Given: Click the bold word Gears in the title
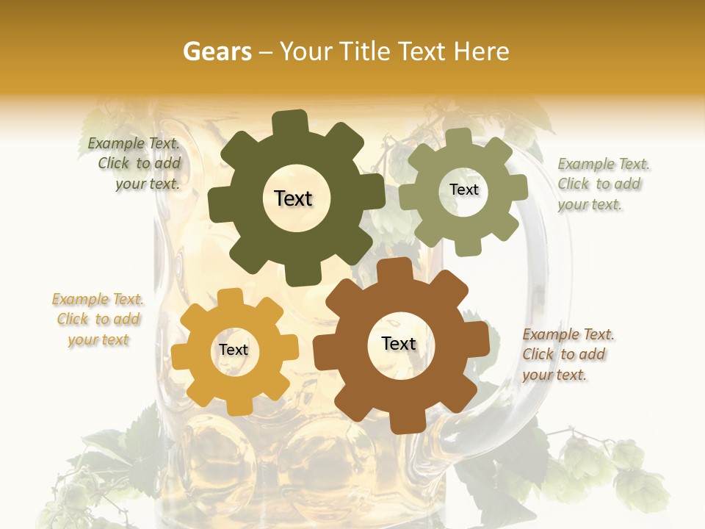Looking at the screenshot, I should [216, 51].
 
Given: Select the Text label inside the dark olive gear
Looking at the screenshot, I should [293, 198].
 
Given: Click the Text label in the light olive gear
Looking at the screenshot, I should [463, 190].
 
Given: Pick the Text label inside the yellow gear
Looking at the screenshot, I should [234, 350].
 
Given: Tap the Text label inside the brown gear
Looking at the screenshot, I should [399, 343].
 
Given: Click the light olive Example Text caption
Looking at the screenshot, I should [602, 184].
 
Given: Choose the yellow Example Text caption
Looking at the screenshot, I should [98, 320].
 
